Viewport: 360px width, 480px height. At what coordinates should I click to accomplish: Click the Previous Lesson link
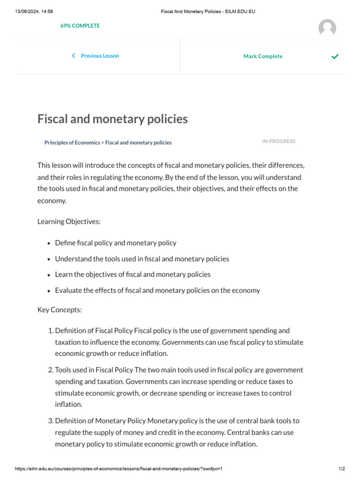(x=100, y=56)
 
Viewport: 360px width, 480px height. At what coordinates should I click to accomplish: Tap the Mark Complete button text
(x=263, y=56)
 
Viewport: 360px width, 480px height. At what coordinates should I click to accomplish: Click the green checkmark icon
(x=335, y=56)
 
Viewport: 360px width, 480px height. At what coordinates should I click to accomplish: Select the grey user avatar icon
(x=327, y=28)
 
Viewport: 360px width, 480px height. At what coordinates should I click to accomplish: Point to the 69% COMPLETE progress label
(x=80, y=26)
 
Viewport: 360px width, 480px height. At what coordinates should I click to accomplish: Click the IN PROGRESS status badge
(x=279, y=141)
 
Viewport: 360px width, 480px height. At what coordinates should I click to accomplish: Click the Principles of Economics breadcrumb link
(x=72, y=142)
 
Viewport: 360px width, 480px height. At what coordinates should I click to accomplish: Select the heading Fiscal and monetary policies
(x=112, y=119)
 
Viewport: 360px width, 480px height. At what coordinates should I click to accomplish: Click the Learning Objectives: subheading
(x=69, y=221)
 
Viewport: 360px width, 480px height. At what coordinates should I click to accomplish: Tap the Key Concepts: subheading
(x=60, y=310)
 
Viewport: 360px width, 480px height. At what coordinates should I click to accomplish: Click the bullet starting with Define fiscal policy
(x=116, y=243)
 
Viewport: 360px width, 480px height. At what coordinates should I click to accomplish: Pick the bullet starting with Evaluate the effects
(x=157, y=290)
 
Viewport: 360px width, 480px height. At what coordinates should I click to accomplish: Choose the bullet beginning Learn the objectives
(x=133, y=274)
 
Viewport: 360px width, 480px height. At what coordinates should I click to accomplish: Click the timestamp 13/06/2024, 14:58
(x=34, y=12)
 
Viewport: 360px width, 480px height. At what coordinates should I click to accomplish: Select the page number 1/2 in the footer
(x=341, y=469)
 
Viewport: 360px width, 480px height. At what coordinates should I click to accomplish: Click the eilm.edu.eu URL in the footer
(x=119, y=469)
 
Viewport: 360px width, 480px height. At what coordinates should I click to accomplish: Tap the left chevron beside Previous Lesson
(x=74, y=56)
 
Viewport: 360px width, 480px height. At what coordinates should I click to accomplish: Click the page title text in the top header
(x=208, y=12)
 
